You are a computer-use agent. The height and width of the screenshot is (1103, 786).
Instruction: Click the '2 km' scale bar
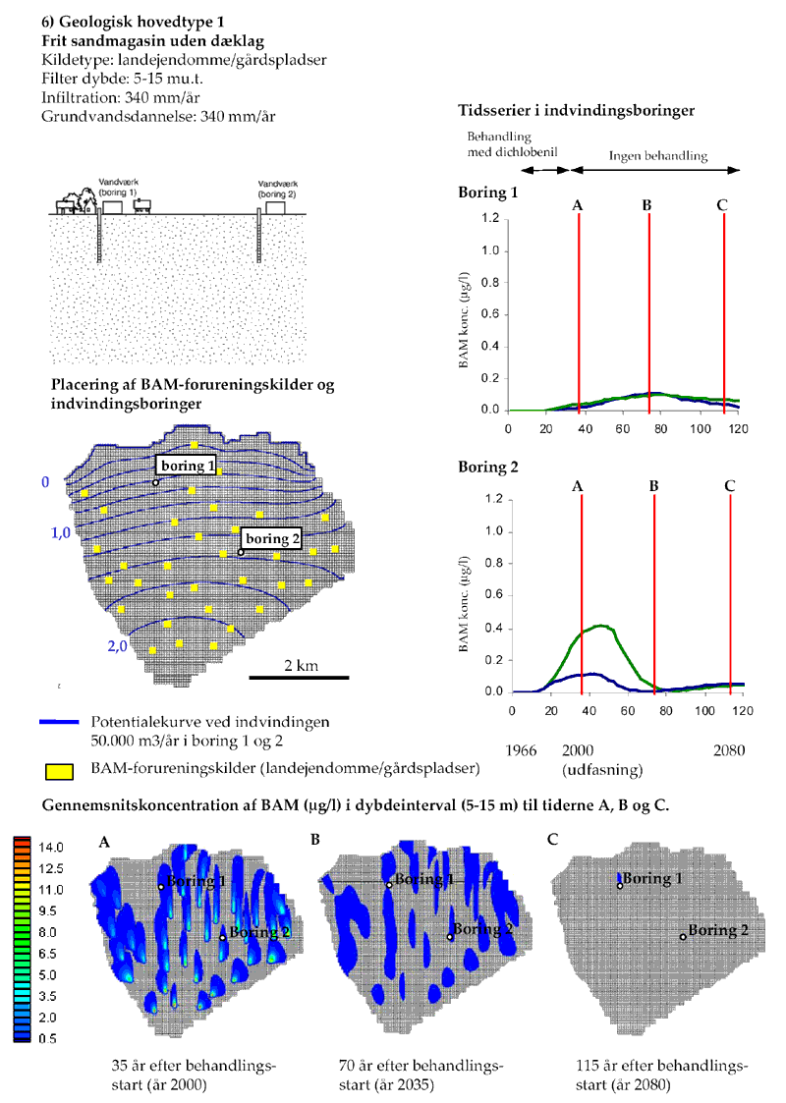[x=299, y=676]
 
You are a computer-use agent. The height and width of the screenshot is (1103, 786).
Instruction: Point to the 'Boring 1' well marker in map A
[x=161, y=887]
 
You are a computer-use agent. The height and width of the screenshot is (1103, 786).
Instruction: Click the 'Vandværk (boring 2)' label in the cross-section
[x=270, y=190]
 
